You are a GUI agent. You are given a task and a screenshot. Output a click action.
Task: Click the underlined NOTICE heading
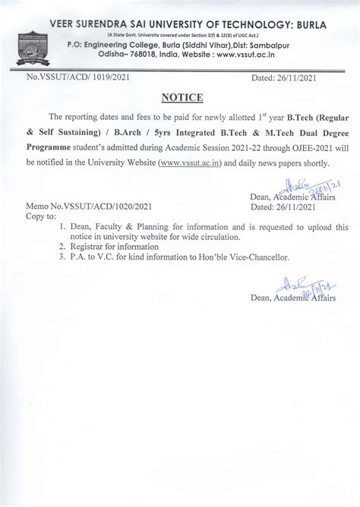point(178,97)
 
